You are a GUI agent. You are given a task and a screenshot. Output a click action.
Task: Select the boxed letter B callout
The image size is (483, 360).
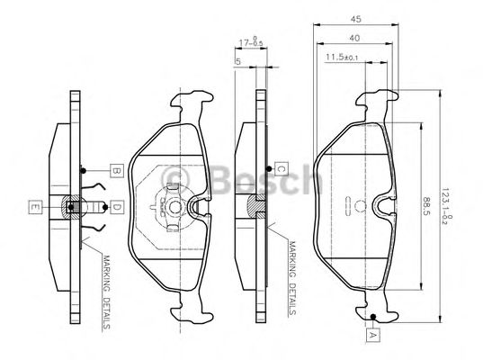click(116, 170)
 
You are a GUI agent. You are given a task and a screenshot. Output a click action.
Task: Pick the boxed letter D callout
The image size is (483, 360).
click(116, 208)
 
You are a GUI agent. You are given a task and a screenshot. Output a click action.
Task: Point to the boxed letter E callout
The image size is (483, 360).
click(33, 208)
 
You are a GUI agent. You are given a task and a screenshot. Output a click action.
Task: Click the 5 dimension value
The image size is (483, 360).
click(237, 62)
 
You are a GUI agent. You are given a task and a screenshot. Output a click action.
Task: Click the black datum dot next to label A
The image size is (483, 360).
click(371, 316)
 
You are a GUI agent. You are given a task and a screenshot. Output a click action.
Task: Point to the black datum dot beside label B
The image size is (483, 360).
click(83, 170)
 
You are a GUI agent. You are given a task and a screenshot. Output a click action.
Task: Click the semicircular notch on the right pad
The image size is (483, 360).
click(385, 208)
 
